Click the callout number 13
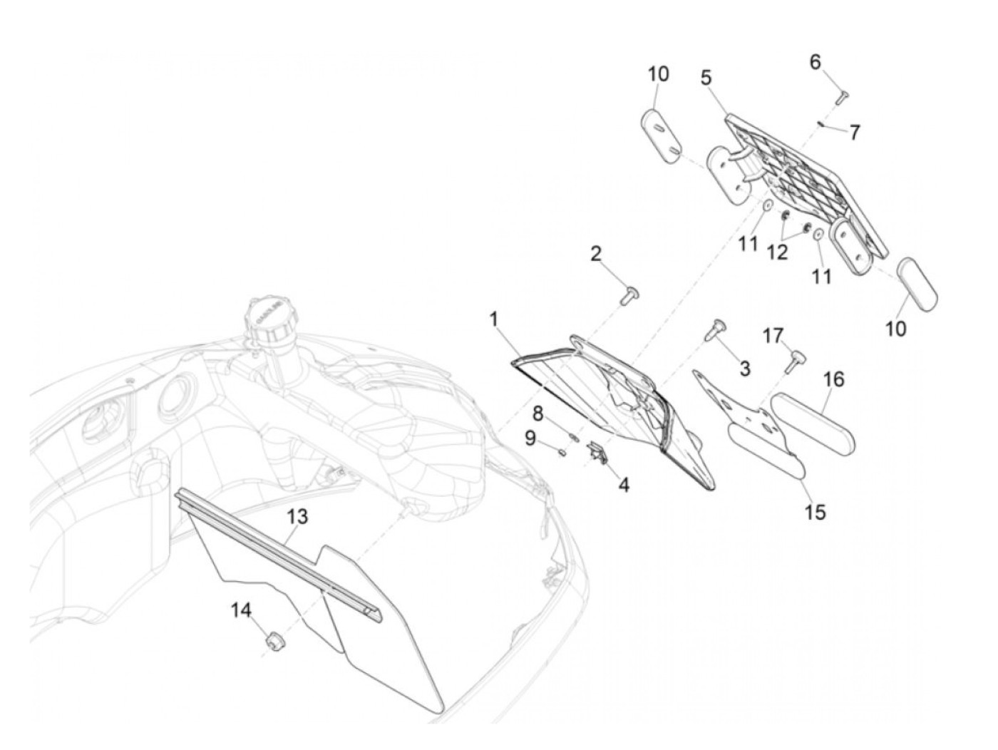pyautogui.click(x=297, y=516)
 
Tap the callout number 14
pyautogui.click(x=241, y=610)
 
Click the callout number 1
pyautogui.click(x=494, y=320)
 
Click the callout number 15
pyautogui.click(x=814, y=513)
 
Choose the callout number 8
pyautogui.click(x=538, y=413)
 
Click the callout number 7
pyautogui.click(x=855, y=133)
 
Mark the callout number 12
pyautogui.click(x=777, y=252)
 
